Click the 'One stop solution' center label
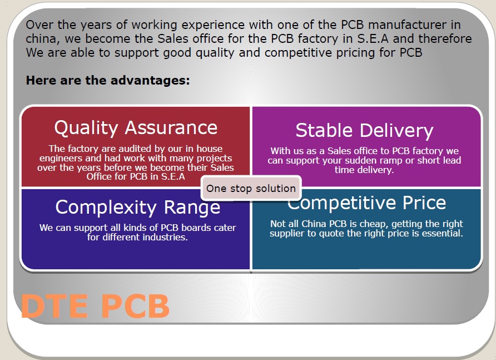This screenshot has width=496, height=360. pos(251,189)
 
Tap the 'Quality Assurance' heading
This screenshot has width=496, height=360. pos(136,128)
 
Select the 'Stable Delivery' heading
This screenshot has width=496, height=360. pos(364,130)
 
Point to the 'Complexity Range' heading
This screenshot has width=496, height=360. pos(137,207)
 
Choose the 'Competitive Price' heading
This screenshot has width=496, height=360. pos(366,203)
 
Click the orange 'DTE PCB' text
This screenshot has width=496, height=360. pos(95,306)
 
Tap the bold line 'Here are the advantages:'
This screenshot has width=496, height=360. pos(108,81)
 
